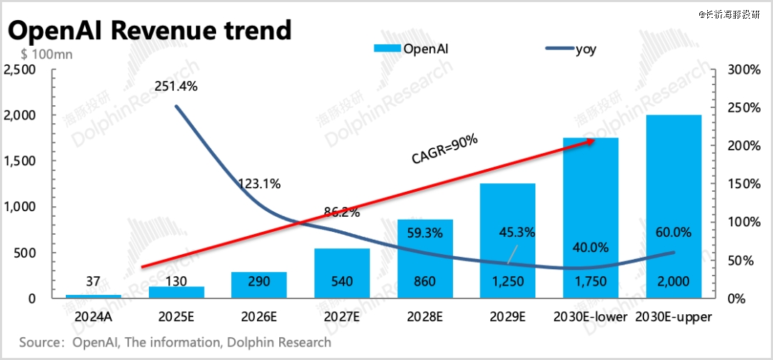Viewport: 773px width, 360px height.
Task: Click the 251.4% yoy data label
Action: pyautogui.click(x=175, y=87)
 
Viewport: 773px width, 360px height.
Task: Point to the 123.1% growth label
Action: pyautogui.click(x=258, y=183)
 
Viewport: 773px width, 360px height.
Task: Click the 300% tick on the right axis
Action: pyautogui.click(x=744, y=69)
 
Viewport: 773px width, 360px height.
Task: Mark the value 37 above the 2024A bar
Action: pyautogui.click(x=92, y=281)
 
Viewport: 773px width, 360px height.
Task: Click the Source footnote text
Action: pyautogui.click(x=175, y=342)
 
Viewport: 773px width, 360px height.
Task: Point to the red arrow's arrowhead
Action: pyautogui.click(x=590, y=142)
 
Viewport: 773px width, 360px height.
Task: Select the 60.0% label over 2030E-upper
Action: pyautogui.click(x=673, y=233)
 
